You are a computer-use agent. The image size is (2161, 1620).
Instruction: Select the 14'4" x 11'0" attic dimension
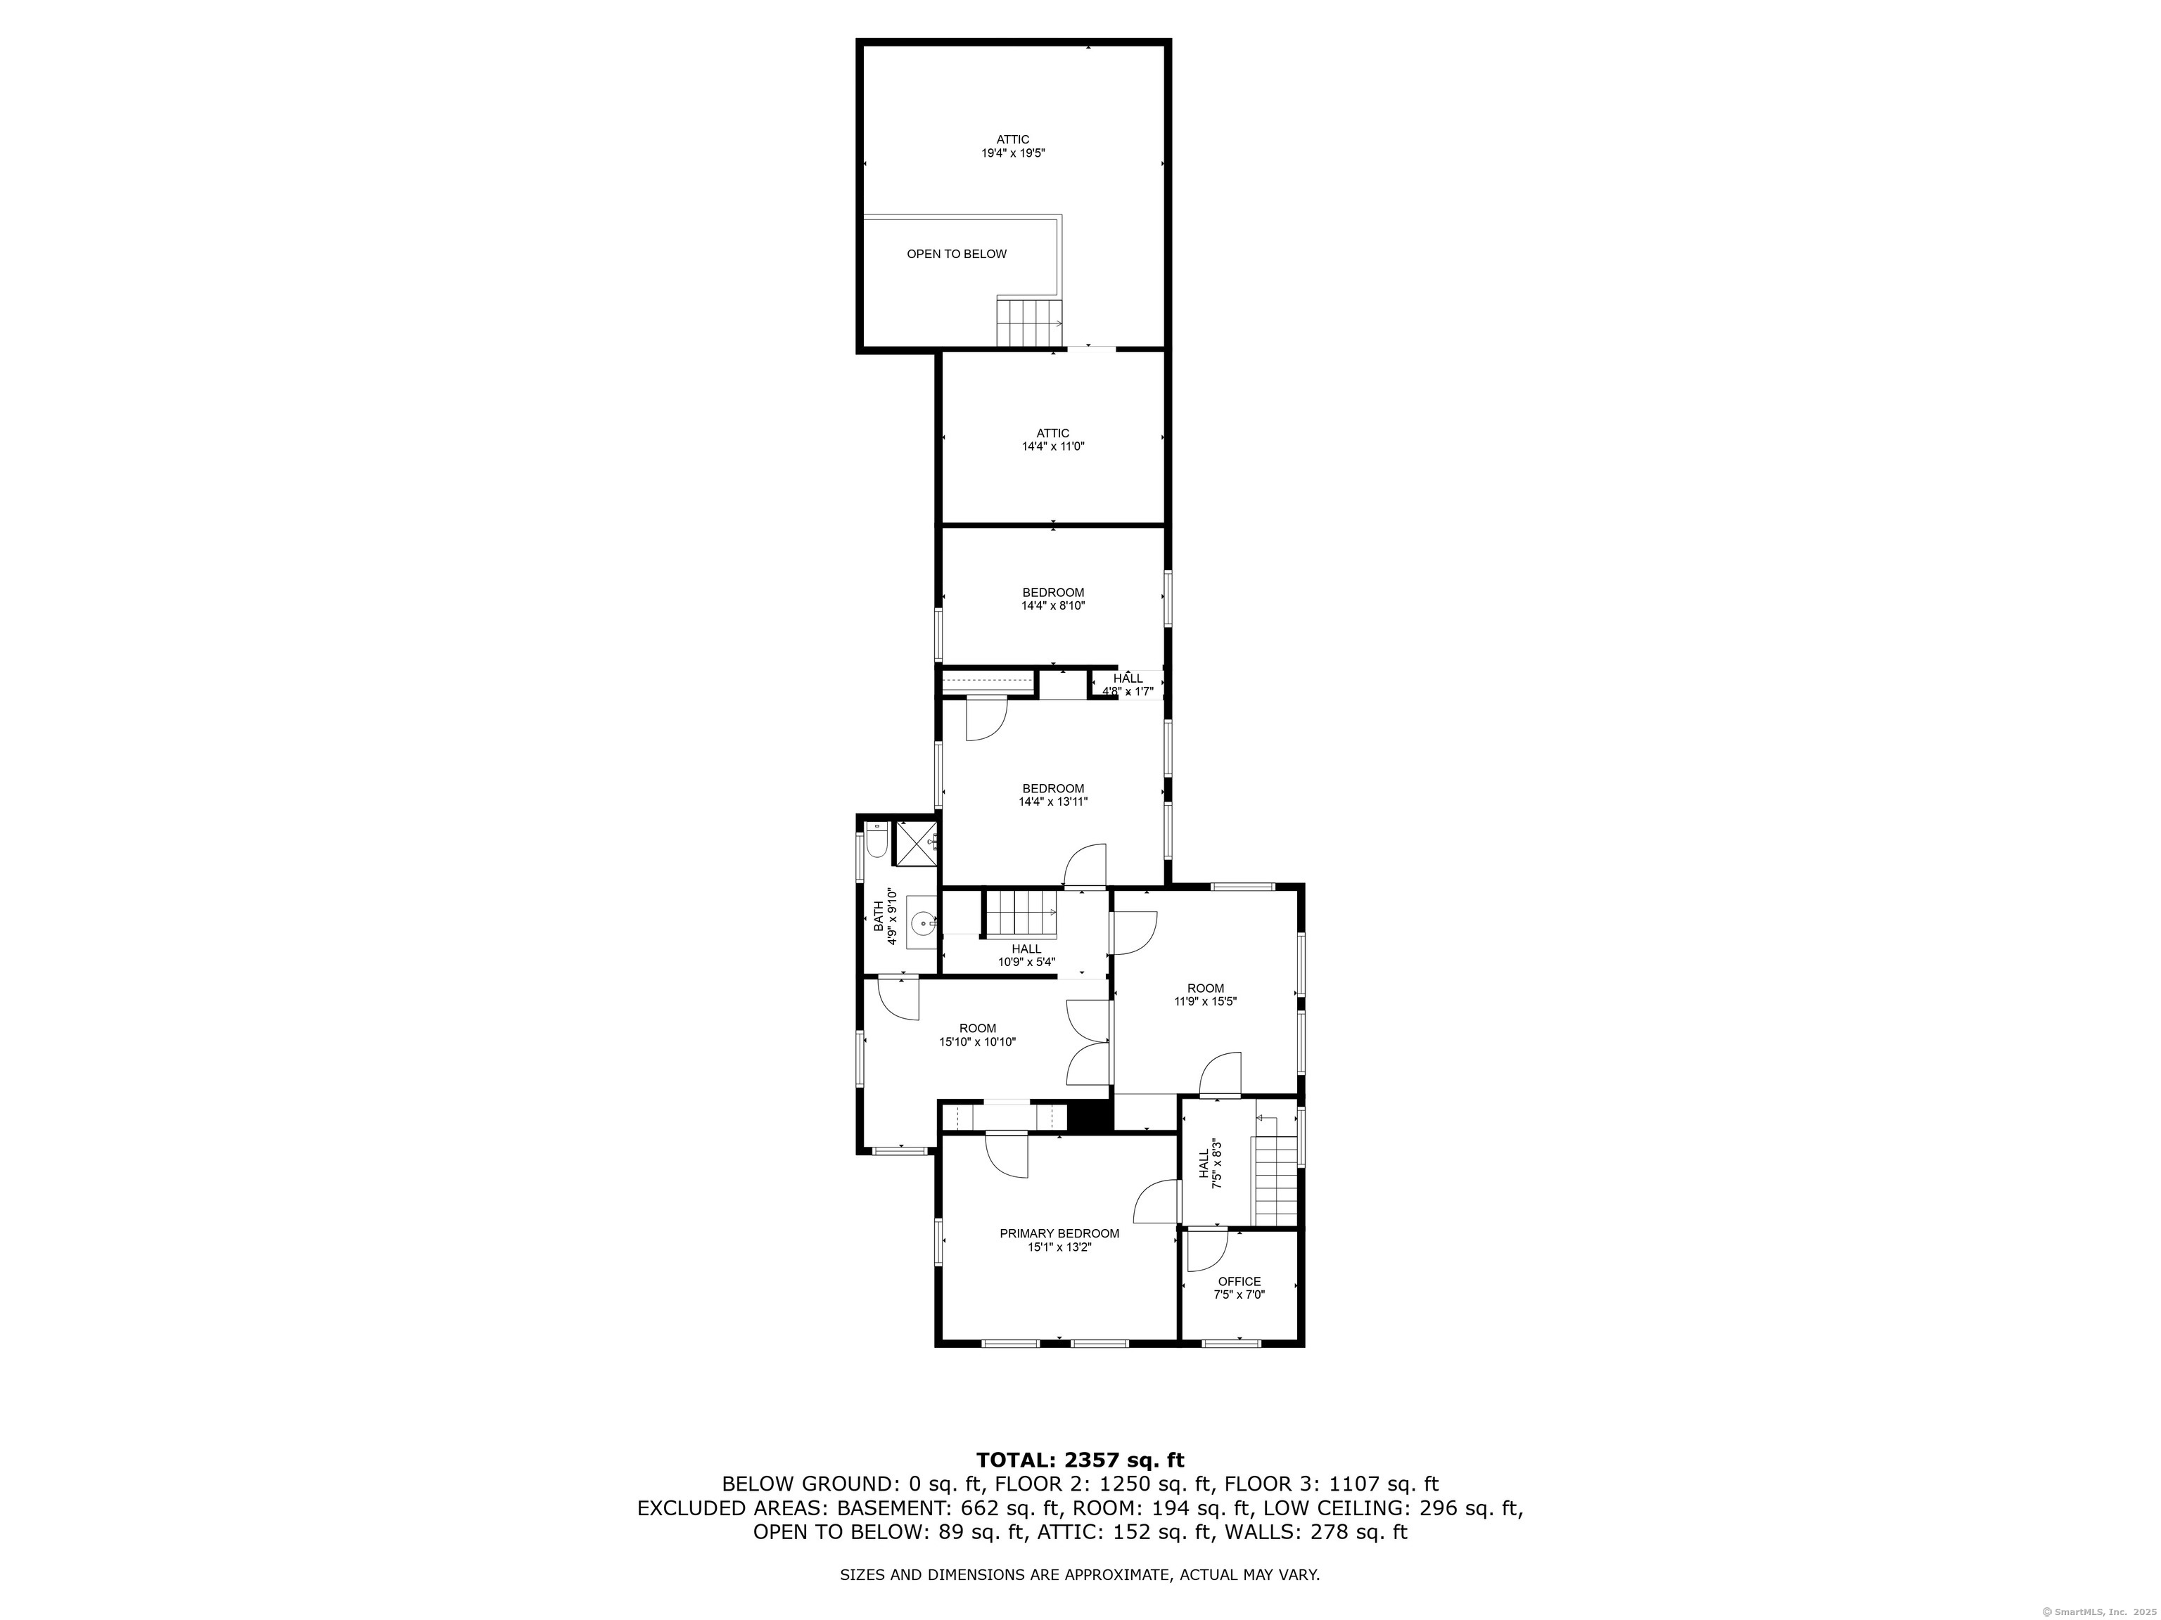[1052, 446]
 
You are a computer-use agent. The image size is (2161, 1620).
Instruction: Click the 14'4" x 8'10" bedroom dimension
[1052, 605]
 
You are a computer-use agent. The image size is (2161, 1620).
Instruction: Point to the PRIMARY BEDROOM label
[1059, 1233]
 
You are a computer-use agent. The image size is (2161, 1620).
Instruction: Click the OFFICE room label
[1239, 1281]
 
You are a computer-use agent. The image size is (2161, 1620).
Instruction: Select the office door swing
[1206, 1251]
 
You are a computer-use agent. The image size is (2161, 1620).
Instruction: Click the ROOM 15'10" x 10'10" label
[977, 1034]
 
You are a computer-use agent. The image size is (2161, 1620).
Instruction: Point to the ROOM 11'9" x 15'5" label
[1206, 994]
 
